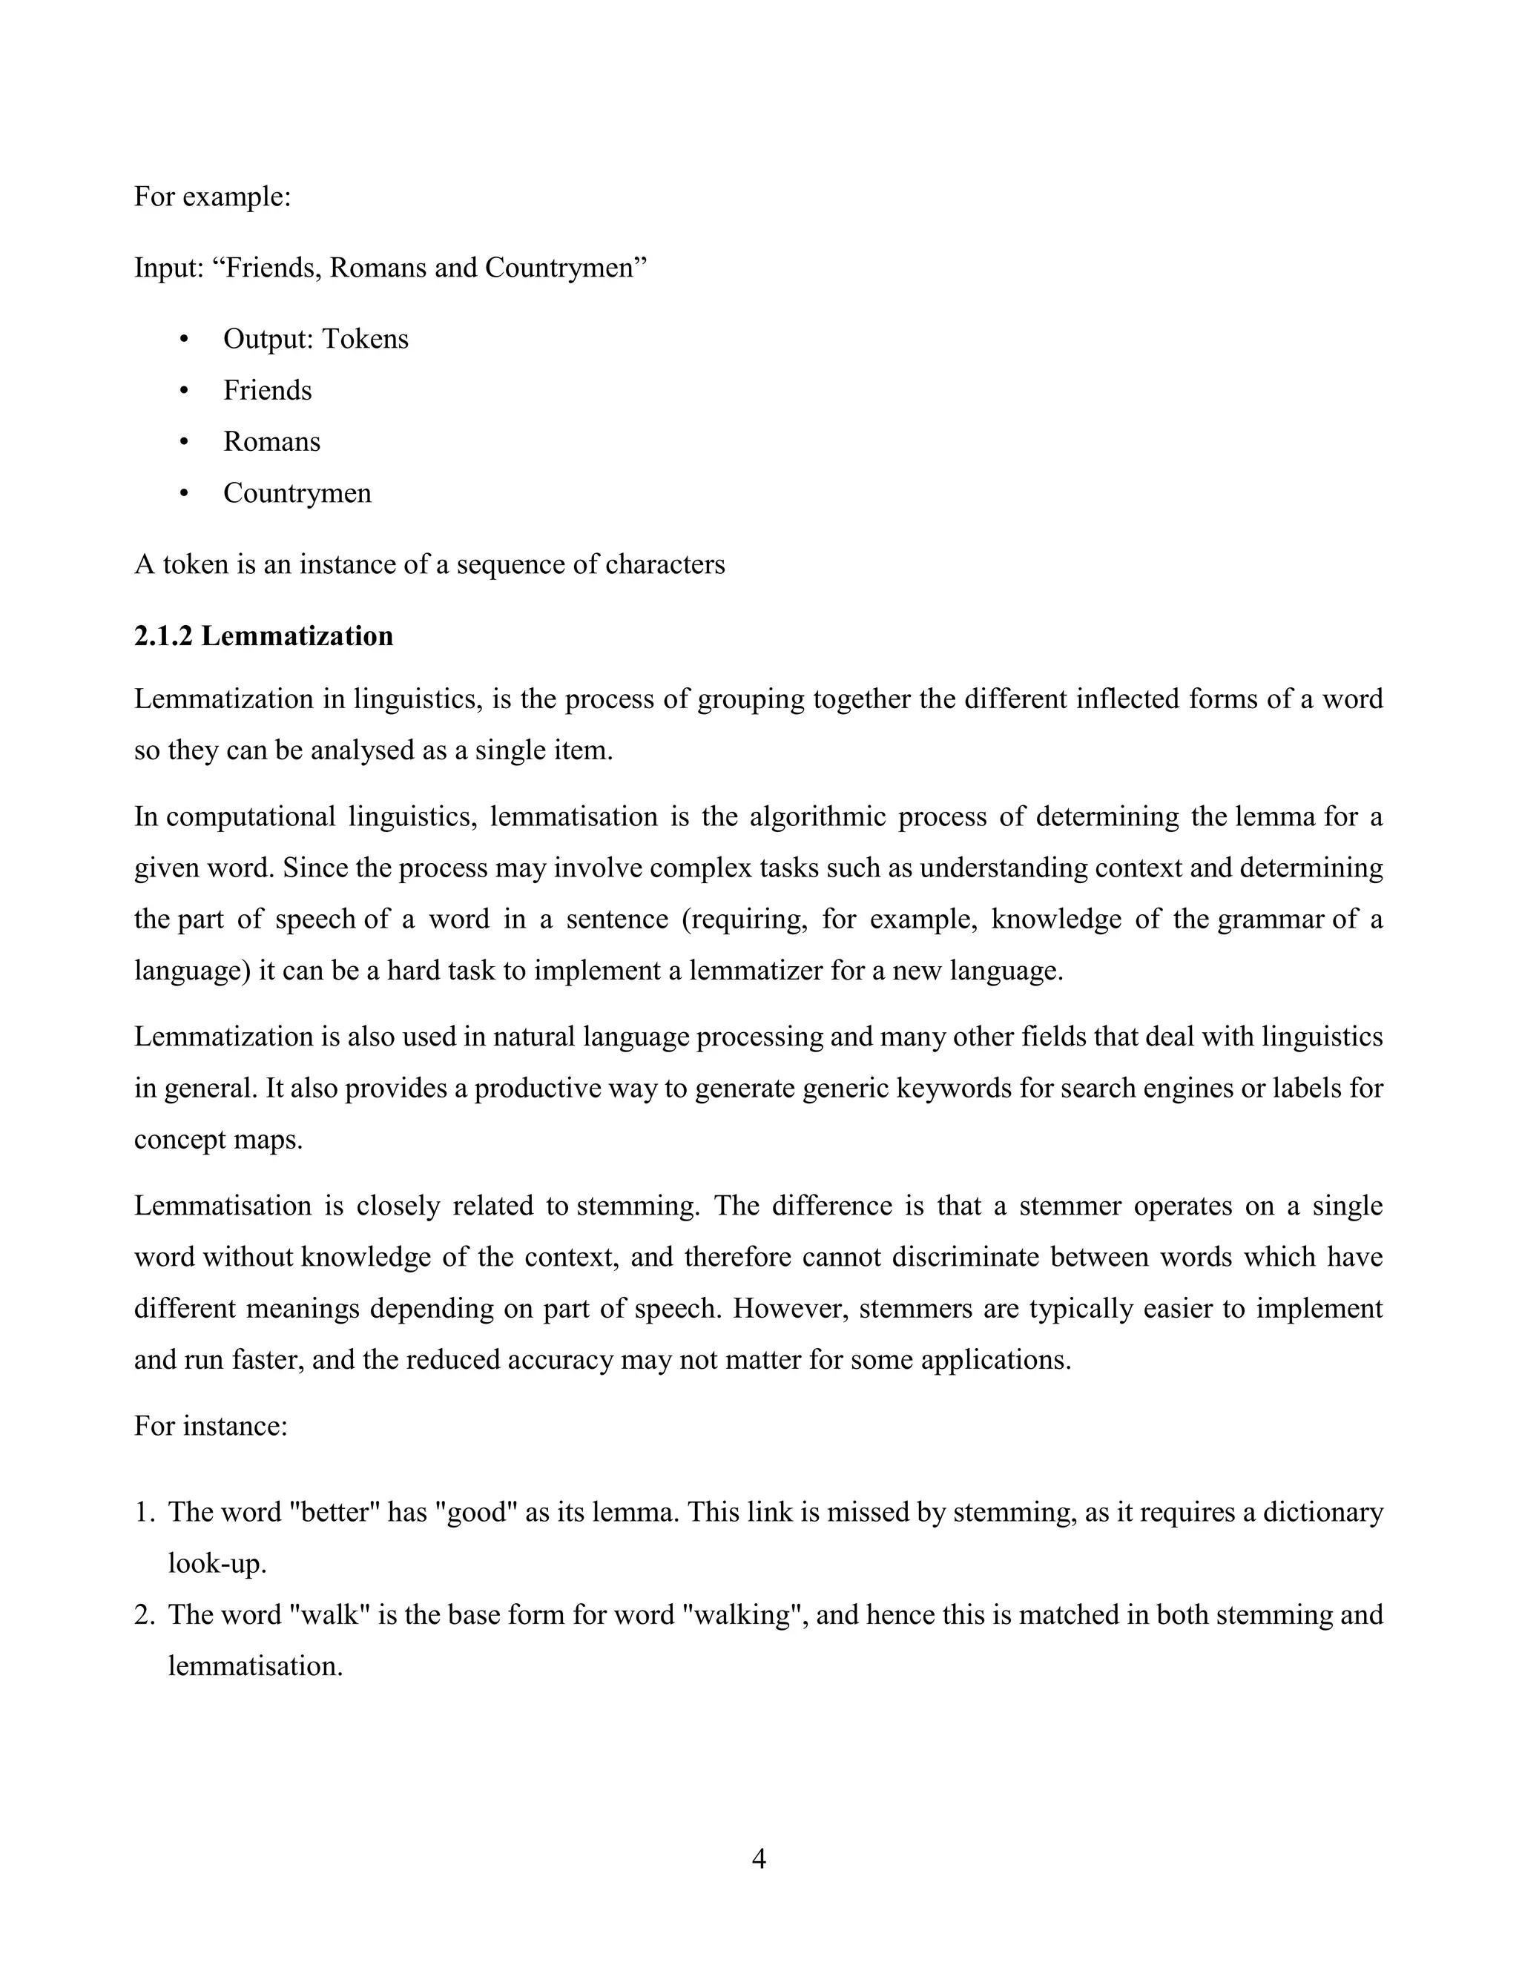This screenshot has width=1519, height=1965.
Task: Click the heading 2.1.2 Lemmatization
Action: point(263,636)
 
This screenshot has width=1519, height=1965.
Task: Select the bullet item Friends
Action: point(267,391)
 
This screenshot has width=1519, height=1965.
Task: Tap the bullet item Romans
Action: point(271,442)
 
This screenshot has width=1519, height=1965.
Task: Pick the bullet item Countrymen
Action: point(297,493)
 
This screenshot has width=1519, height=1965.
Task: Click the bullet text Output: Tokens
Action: point(315,339)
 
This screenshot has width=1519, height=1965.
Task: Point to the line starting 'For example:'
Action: point(212,196)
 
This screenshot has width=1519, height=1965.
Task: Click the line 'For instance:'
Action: point(211,1426)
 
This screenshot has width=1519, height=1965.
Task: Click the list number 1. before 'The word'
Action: point(145,1513)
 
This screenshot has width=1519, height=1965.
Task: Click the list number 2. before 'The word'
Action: point(145,1615)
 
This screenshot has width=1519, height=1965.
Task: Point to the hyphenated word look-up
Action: point(217,1564)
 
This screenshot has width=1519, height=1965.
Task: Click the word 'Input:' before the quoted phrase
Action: point(168,268)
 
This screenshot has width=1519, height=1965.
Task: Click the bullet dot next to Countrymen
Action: point(185,493)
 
